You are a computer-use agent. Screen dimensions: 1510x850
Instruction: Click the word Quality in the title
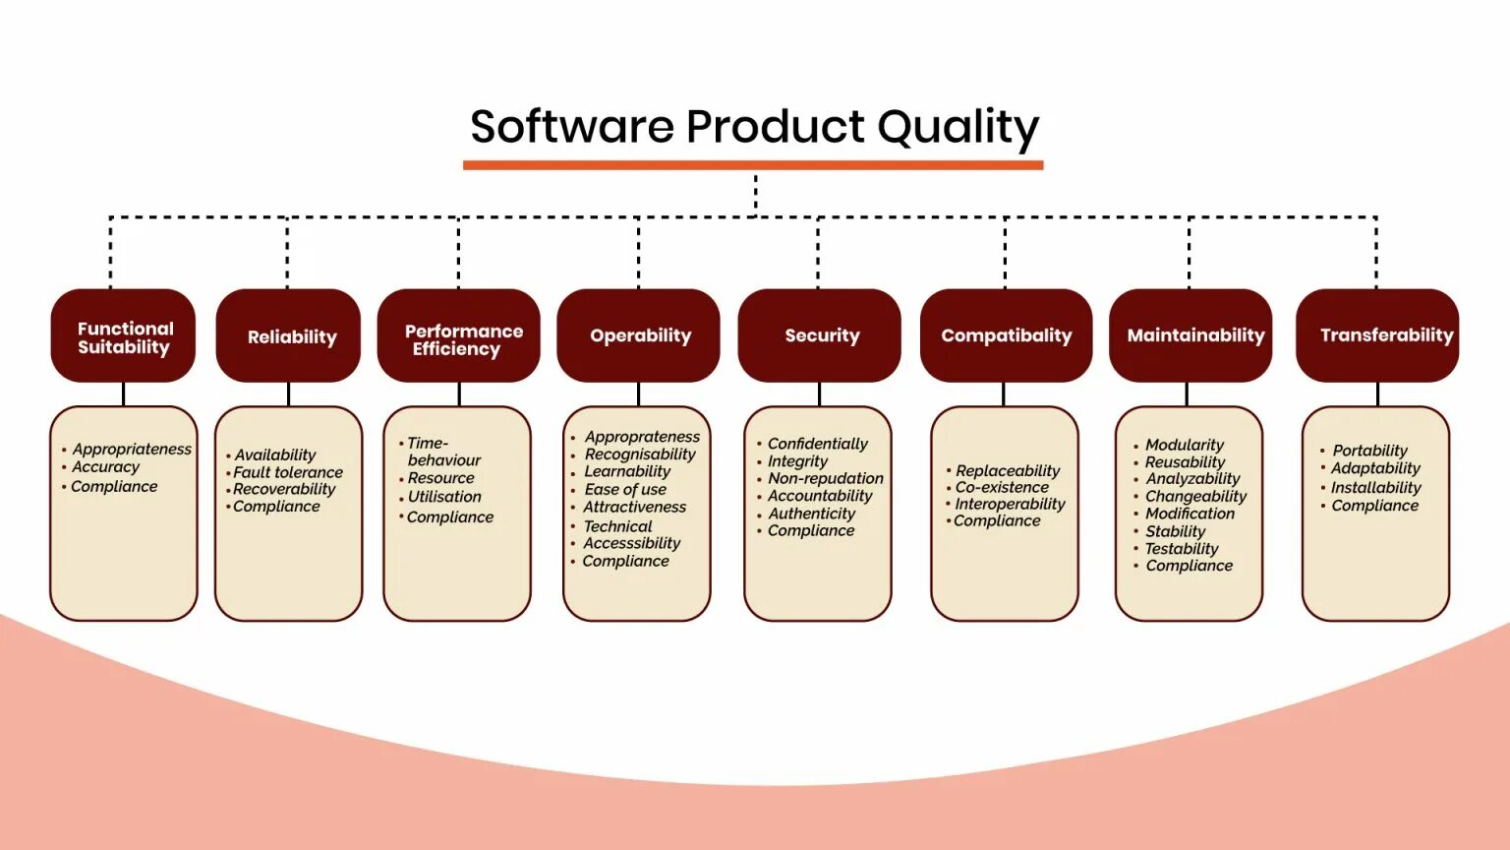point(958,128)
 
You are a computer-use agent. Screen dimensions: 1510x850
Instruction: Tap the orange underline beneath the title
point(753,165)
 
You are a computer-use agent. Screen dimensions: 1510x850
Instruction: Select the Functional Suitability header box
point(124,336)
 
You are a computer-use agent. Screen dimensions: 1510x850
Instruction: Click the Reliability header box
point(289,336)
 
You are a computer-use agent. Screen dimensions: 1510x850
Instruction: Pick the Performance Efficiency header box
point(459,336)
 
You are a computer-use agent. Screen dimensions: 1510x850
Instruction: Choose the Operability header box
point(639,335)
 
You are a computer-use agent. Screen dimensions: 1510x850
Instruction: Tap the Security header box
point(820,335)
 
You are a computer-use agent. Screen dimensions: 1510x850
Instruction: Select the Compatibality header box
point(1006,335)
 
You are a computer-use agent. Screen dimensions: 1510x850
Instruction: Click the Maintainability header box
point(1191,335)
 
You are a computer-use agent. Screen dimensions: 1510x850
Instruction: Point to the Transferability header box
point(1378,335)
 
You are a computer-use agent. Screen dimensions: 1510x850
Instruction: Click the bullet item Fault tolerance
point(287,472)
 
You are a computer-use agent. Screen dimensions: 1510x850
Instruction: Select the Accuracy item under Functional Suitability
point(105,467)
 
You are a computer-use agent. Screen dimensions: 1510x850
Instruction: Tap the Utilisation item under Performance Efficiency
point(444,497)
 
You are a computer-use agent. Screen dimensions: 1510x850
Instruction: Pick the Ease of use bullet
point(625,489)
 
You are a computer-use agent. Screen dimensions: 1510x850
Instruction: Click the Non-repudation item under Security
point(825,478)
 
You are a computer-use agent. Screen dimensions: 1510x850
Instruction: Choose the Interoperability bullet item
point(1010,504)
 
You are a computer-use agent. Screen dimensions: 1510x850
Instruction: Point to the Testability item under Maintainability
point(1181,549)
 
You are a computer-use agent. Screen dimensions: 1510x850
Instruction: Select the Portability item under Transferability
point(1369,451)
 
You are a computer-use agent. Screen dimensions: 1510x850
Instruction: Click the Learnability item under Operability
point(627,471)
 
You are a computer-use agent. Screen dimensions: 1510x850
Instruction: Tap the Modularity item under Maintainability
point(1184,445)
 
